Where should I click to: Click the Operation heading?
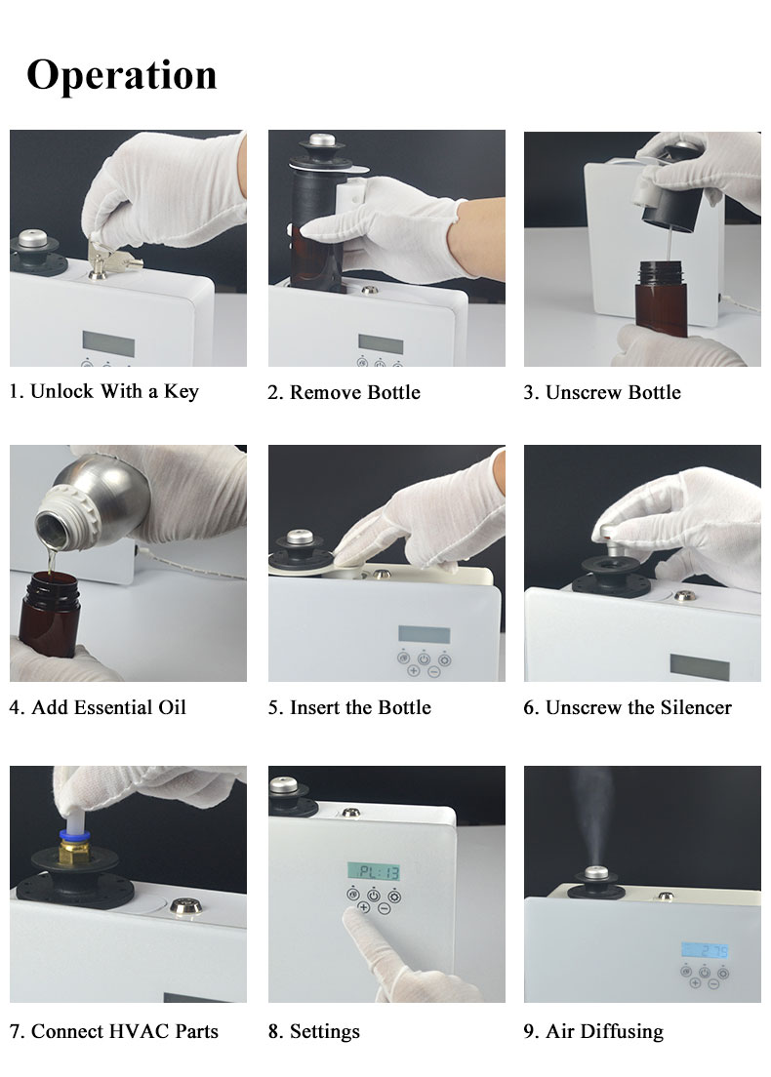[x=122, y=75]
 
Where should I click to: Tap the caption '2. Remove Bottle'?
[x=344, y=392]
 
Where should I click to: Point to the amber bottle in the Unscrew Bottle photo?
[x=661, y=298]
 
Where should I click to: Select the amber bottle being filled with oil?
[x=49, y=615]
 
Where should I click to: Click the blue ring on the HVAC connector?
[x=74, y=835]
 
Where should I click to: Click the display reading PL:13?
[x=374, y=871]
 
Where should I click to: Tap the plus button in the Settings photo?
[x=363, y=908]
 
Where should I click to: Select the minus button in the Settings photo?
[x=385, y=909]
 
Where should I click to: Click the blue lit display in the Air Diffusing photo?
[x=705, y=950]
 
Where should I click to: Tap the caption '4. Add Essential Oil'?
[x=98, y=707]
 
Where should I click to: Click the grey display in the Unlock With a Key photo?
[x=108, y=342]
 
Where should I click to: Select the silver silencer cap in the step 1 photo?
[x=32, y=239]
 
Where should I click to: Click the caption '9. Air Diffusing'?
[x=593, y=1032]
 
